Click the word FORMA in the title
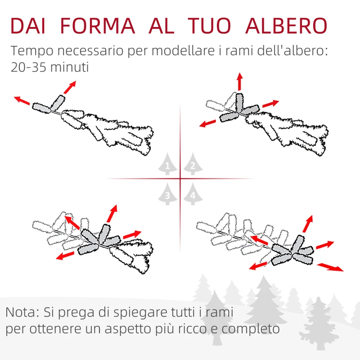point(97,26)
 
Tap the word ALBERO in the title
point(287,26)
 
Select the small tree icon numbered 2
point(193,165)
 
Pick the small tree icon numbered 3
point(167,194)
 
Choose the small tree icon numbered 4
point(193,194)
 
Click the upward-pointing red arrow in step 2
point(239,81)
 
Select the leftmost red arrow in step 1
point(22,100)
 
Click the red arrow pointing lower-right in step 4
point(330,267)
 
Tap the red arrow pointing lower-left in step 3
point(65,256)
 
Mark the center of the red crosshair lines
point(180,179)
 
